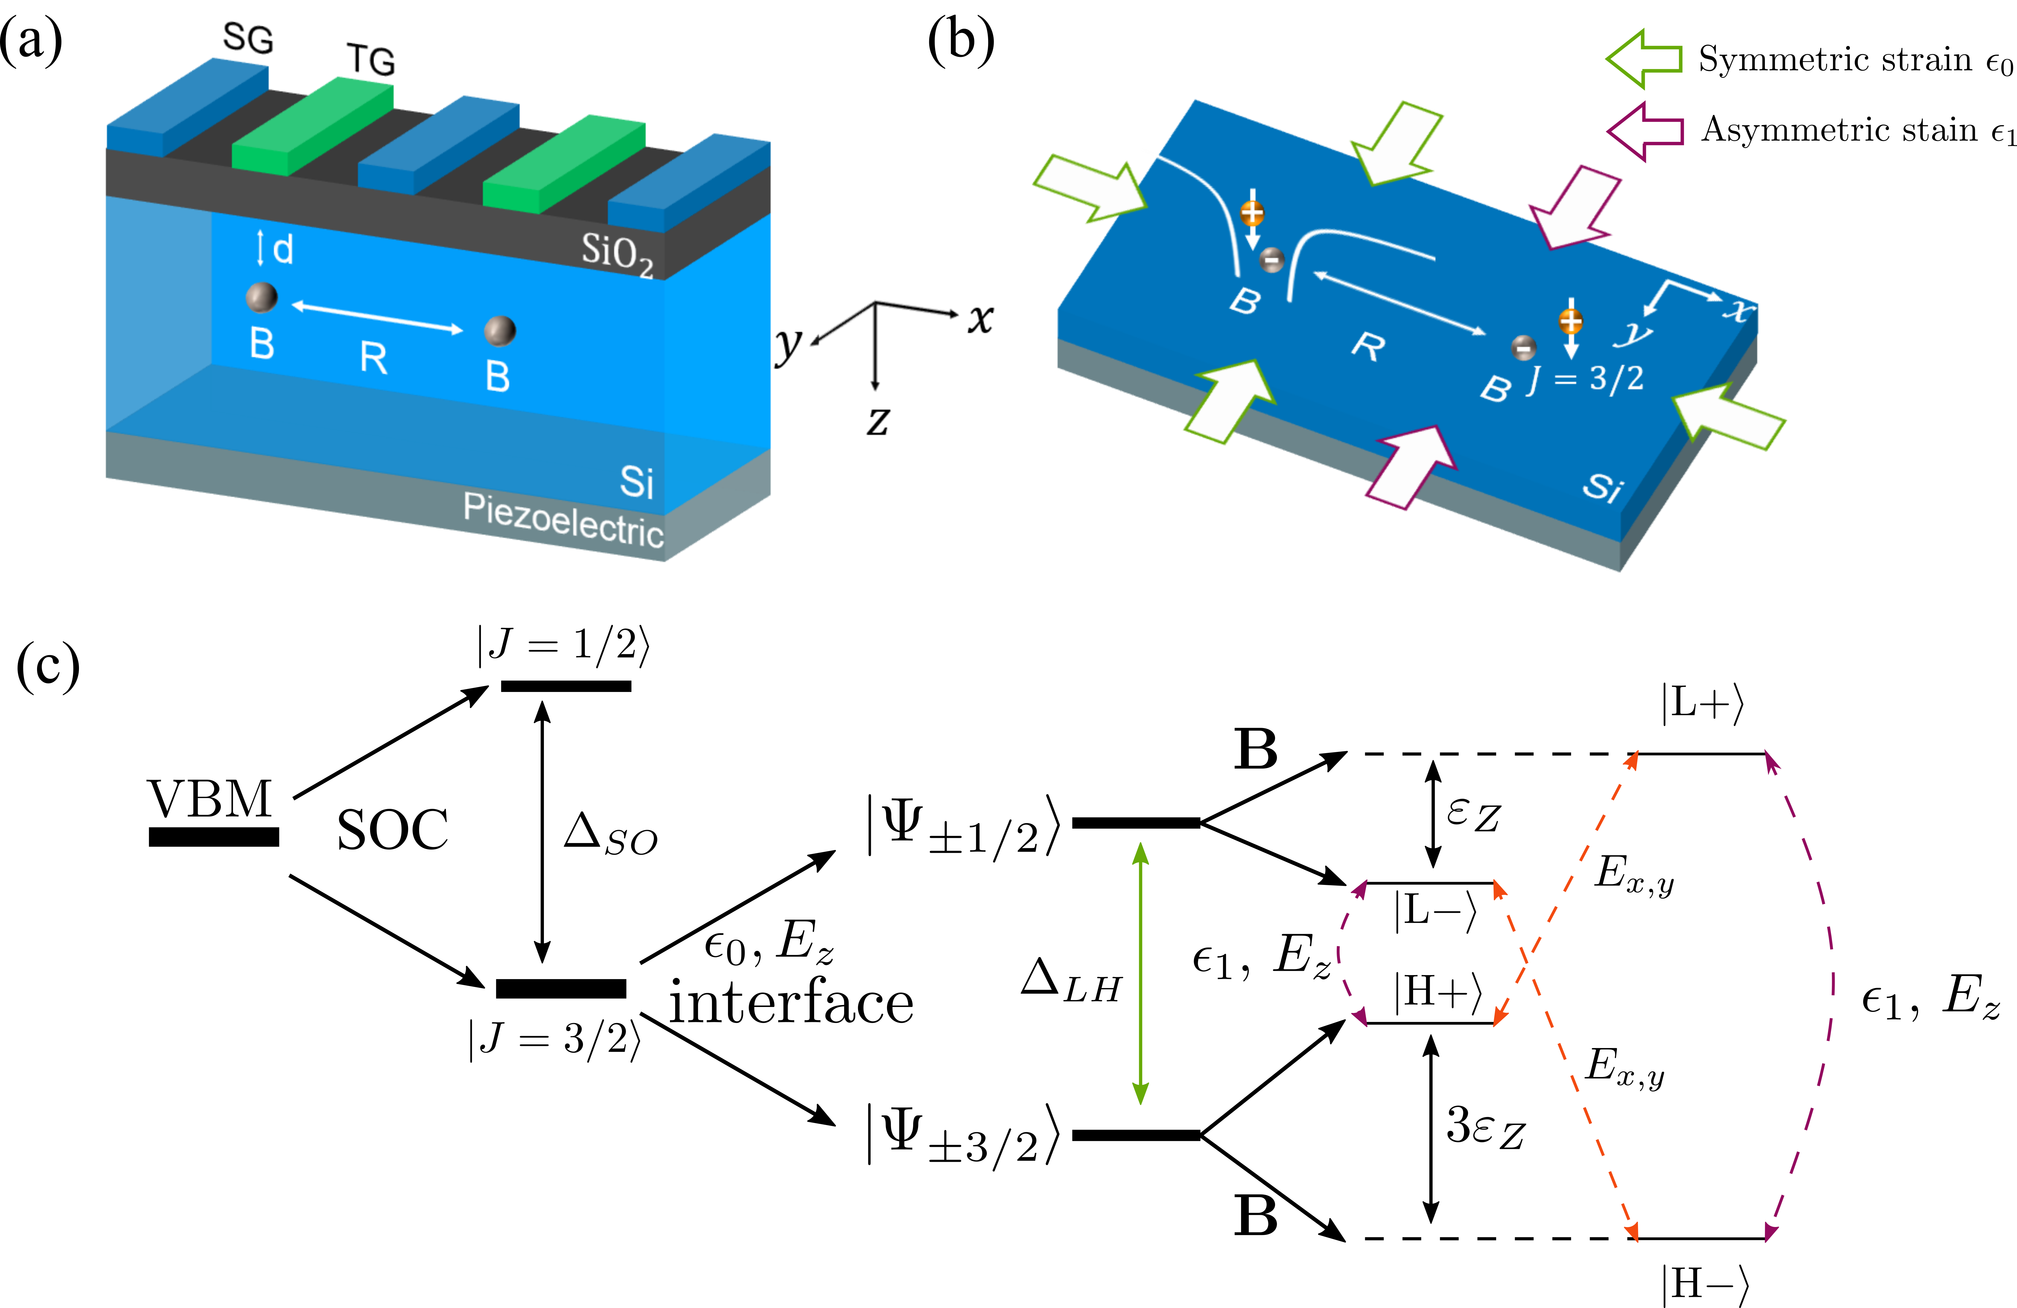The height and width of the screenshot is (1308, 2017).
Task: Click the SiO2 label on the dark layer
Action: tap(616, 253)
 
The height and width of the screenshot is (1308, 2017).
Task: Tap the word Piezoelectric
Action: tap(563, 519)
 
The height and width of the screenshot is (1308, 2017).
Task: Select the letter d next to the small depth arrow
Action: tap(283, 249)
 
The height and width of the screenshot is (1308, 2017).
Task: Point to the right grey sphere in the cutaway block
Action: tap(499, 331)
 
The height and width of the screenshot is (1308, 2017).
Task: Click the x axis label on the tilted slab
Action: tap(1737, 310)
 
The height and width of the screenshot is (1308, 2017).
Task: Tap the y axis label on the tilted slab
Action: tap(1633, 333)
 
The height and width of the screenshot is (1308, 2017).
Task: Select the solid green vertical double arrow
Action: tap(1141, 973)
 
